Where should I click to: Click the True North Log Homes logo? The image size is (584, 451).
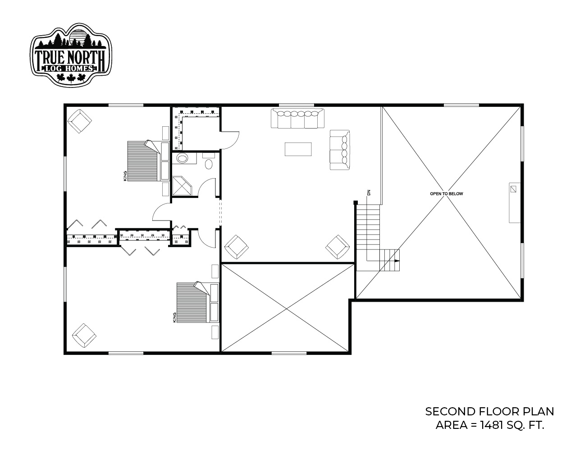71,55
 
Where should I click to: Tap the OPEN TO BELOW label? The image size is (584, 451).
447,193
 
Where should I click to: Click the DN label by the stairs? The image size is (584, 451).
369,193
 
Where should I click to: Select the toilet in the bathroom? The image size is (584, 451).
209,161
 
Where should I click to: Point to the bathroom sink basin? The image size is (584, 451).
182,158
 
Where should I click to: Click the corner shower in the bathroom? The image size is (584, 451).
182,186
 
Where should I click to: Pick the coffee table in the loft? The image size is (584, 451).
298,149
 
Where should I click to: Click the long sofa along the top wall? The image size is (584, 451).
297,118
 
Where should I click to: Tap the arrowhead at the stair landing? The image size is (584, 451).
397,261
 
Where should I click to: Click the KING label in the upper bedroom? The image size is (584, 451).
125,176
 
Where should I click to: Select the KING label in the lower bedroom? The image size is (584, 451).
175,318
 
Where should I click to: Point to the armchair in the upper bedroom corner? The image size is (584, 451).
80,121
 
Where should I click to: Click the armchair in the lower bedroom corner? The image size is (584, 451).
84,336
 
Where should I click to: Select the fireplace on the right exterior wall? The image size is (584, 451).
515,203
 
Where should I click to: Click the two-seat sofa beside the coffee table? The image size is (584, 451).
340,150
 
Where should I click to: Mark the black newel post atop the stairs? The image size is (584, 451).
355,202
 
